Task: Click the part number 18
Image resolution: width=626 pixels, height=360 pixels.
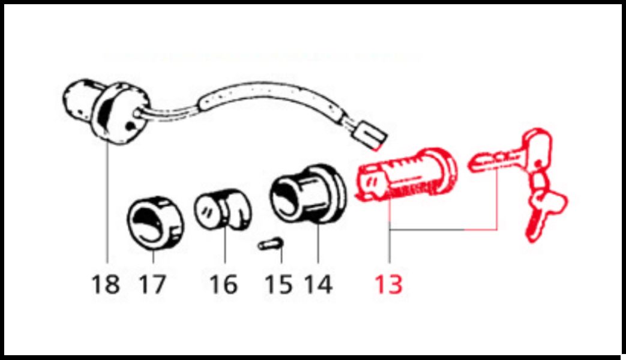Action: [x=106, y=284]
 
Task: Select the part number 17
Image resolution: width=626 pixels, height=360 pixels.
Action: [x=152, y=284]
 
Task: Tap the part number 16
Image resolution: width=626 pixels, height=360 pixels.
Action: [x=223, y=284]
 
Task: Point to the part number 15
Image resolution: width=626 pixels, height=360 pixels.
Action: [x=278, y=284]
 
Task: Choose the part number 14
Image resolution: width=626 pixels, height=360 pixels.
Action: [x=318, y=284]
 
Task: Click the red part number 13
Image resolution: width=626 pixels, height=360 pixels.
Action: [x=388, y=284]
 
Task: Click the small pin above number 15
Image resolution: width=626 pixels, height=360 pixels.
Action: [x=271, y=244]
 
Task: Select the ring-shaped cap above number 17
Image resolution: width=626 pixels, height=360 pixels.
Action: [x=155, y=223]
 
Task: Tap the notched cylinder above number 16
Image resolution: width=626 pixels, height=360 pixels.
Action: [x=223, y=209]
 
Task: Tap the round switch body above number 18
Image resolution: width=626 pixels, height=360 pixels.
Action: [x=105, y=110]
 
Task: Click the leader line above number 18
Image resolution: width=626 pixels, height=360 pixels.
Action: [x=107, y=203]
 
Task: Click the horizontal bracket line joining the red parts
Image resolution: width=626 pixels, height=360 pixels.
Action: [x=444, y=229]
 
